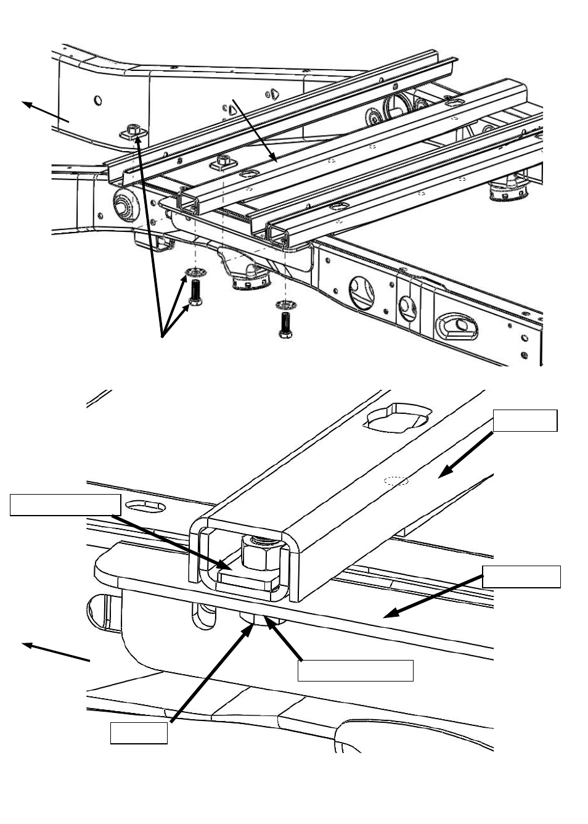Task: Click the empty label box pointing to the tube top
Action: coord(525,420)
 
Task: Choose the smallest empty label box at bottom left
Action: coord(139,733)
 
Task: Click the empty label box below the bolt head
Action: coord(355,670)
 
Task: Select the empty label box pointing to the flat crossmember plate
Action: coord(521,576)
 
